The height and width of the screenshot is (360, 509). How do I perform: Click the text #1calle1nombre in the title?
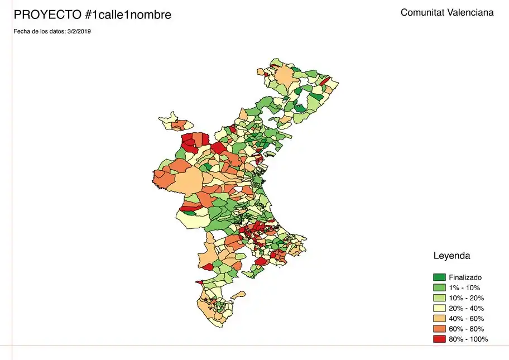coord(128,15)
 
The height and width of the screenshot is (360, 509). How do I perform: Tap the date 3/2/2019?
coord(79,31)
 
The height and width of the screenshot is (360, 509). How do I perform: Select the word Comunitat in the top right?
coord(422,12)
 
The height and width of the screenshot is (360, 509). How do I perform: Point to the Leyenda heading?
coord(452,256)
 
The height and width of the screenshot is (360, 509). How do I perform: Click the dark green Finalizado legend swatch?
coord(439,277)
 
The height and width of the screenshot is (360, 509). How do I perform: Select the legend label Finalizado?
coord(465,277)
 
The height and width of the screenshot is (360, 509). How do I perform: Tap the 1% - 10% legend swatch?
coord(439,287)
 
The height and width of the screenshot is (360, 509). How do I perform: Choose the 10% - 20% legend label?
coord(466,298)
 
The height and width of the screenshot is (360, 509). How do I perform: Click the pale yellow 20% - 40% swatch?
coord(439,308)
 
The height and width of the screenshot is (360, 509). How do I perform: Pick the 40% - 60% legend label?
coord(466,319)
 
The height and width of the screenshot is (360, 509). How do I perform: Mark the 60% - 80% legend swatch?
coord(439,329)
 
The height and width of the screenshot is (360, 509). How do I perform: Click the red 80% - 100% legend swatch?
coord(439,339)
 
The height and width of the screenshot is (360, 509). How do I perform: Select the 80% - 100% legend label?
coord(468,339)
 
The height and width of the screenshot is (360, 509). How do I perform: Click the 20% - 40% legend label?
coord(466,308)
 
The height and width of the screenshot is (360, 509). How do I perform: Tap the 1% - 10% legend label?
coord(464,287)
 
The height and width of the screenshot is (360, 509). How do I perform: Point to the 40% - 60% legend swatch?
coord(439,319)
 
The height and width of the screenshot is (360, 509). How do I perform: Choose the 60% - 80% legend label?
coord(466,329)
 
